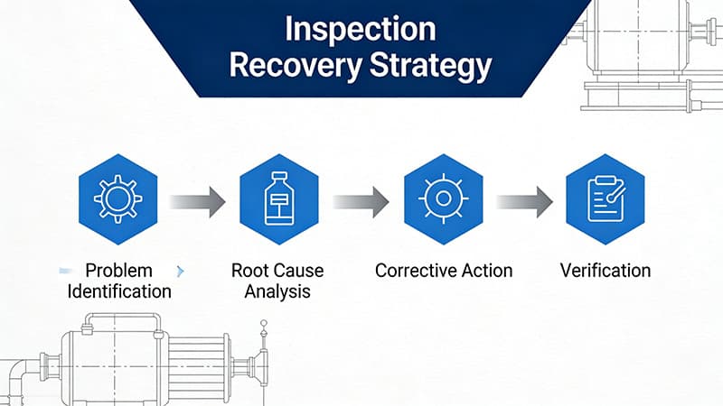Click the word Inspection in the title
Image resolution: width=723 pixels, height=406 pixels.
coord(361,29)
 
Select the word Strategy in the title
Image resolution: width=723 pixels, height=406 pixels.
coord(436,67)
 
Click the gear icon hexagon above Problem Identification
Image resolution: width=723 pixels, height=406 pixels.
coord(118,197)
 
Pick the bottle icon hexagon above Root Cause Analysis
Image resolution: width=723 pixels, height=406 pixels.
coord(277,198)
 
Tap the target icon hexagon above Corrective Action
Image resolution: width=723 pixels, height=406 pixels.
coord(442,197)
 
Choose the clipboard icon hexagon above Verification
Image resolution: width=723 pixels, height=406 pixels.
coord(605,198)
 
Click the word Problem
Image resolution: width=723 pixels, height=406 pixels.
coord(118,271)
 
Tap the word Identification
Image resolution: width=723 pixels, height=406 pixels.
coord(118,291)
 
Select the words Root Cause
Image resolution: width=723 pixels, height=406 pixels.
coord(277,271)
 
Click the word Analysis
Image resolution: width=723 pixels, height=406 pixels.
coord(277,291)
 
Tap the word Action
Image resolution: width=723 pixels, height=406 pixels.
coord(487,271)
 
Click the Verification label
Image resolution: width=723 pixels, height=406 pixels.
coord(605,271)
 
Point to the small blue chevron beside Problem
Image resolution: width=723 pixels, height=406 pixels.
coord(180,271)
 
